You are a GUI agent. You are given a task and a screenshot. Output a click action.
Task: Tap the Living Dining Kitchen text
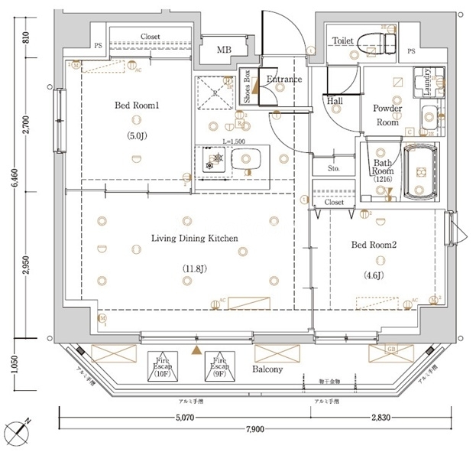(x=194, y=239)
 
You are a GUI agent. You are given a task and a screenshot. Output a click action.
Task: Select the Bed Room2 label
(x=374, y=246)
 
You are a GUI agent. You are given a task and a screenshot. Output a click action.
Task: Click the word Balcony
(x=267, y=369)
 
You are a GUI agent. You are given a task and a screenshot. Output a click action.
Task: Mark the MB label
(x=224, y=50)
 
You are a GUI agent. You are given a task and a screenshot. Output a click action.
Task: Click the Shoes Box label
(x=247, y=86)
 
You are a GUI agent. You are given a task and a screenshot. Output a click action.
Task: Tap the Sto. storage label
(x=334, y=167)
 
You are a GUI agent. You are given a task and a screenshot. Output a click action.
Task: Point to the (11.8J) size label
(x=194, y=268)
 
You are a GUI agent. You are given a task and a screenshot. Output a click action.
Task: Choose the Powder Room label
(x=388, y=115)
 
